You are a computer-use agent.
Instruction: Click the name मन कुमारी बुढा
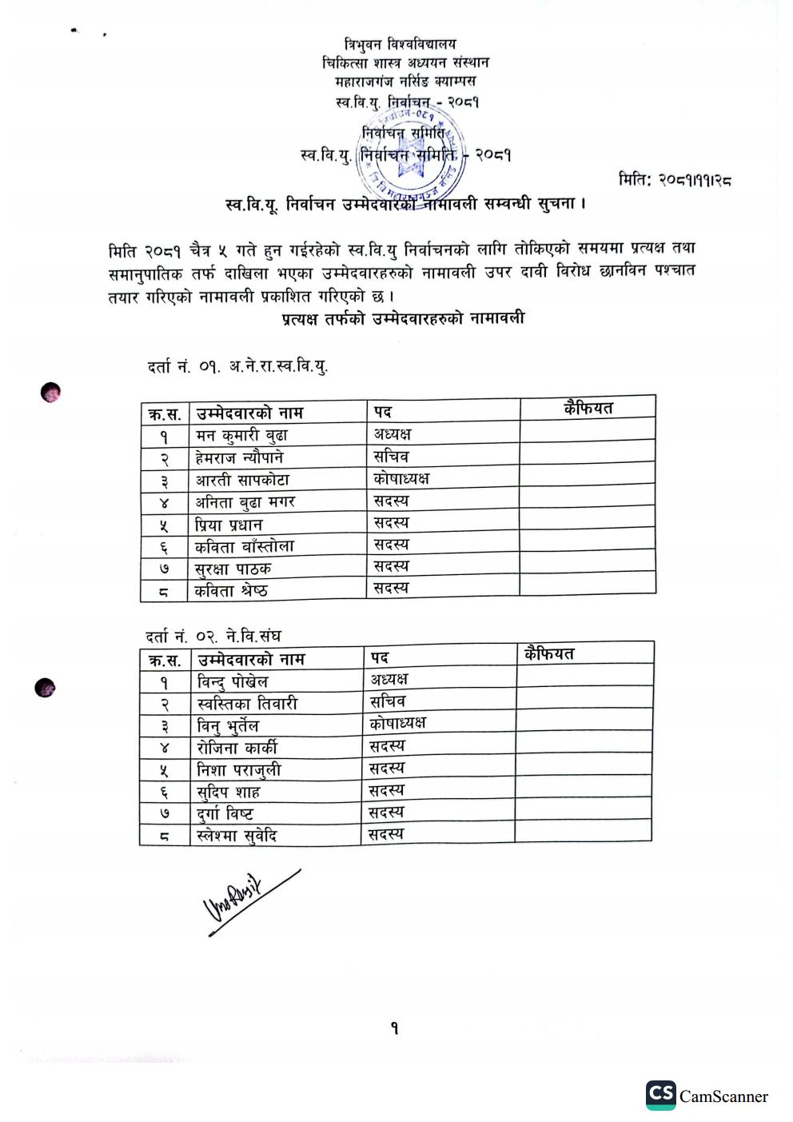(x=241, y=436)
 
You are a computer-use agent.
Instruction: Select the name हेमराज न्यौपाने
(x=239, y=458)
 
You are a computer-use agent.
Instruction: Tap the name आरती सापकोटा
(x=242, y=481)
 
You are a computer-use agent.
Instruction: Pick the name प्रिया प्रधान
(x=229, y=525)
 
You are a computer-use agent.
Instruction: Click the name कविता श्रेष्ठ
(x=231, y=592)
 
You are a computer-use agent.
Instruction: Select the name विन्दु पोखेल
(x=233, y=682)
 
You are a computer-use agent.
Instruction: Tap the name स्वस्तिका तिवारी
(x=247, y=704)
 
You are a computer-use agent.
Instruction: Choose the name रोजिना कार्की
(x=237, y=749)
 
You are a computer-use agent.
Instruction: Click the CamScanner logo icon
(x=661, y=1095)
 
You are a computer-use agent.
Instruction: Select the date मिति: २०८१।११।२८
(x=675, y=180)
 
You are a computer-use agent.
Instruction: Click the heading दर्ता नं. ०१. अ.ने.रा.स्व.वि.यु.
(x=237, y=367)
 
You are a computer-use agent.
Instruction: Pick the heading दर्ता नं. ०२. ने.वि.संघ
(x=213, y=637)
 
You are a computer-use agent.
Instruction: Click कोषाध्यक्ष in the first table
(x=401, y=478)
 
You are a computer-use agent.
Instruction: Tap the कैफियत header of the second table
(x=549, y=654)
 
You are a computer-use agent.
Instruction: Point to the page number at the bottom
(x=395, y=1028)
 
